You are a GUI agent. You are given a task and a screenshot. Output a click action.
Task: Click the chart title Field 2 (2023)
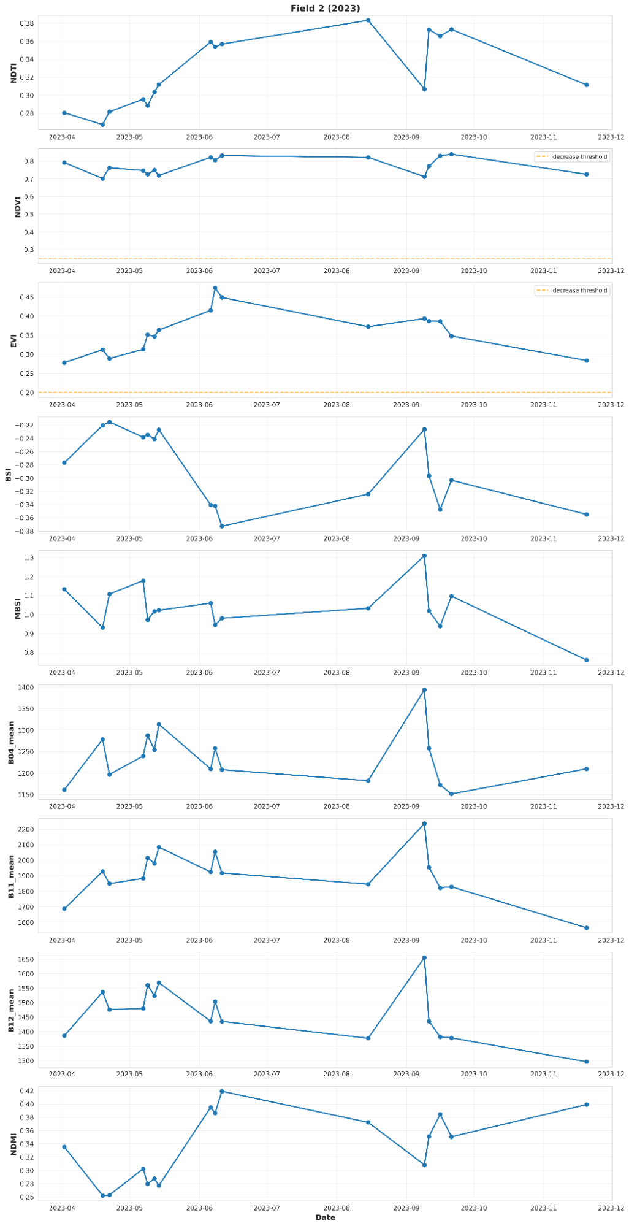tap(325, 8)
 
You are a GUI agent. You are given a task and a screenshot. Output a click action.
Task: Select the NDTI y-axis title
tap(13, 73)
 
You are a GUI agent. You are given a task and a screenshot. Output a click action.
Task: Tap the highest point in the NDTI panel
tap(368, 20)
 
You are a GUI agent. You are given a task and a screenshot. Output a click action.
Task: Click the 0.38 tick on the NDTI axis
tap(26, 23)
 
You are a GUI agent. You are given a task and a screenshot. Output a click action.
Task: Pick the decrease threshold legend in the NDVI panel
tap(572, 157)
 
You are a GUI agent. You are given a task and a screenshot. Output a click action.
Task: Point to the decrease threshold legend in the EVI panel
tap(572, 291)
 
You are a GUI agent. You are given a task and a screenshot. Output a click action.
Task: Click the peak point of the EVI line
tap(215, 288)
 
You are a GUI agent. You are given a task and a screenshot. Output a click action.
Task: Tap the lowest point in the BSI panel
tap(222, 526)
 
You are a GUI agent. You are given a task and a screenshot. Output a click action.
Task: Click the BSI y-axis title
tap(8, 474)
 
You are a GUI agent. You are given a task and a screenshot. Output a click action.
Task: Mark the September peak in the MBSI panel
tap(424, 556)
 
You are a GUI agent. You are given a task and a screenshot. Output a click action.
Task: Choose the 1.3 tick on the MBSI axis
tap(29, 558)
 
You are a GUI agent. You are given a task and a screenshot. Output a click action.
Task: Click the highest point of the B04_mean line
tap(424, 690)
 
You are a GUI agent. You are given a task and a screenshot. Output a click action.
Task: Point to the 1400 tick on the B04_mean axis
tap(25, 688)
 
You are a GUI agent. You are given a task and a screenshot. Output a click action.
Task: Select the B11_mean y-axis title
tap(11, 877)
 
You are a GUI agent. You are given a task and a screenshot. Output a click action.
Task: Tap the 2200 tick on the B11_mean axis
tap(25, 830)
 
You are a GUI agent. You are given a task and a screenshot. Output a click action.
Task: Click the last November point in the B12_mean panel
tap(587, 1062)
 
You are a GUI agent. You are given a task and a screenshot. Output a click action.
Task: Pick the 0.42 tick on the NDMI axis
tap(26, 1091)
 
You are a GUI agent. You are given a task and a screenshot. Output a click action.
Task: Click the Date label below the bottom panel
tap(325, 1217)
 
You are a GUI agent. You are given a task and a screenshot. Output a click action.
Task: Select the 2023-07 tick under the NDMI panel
tap(267, 1208)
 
